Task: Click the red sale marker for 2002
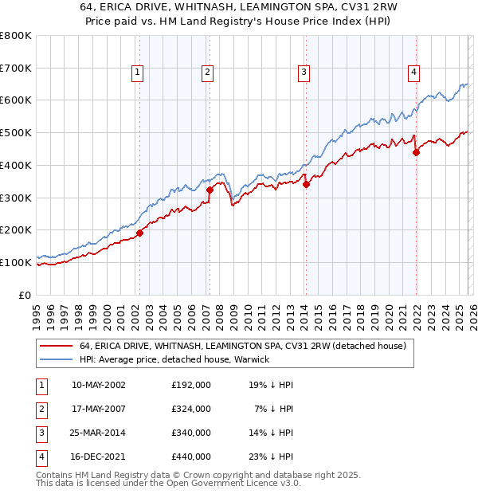click(x=139, y=233)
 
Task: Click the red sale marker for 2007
click(x=210, y=190)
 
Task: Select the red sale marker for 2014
click(x=306, y=184)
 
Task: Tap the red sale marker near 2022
click(x=416, y=152)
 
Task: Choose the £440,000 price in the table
click(x=191, y=457)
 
